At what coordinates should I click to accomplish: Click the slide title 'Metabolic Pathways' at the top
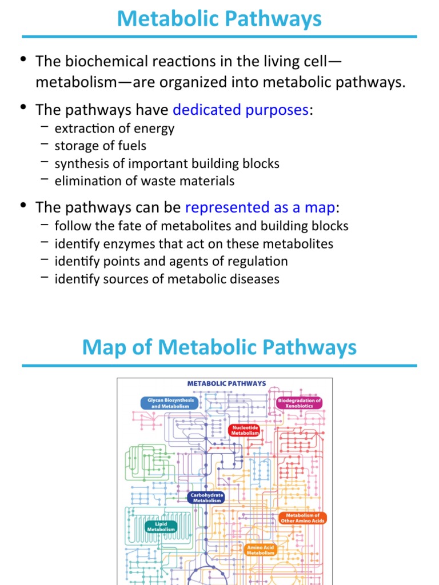tap(219, 19)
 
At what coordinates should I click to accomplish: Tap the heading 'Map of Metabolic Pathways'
tap(219, 347)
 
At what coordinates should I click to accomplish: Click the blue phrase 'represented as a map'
tap(261, 206)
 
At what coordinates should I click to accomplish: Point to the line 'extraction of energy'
tap(114, 129)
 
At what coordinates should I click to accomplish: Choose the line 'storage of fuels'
tap(101, 146)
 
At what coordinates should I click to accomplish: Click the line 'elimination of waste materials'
tap(145, 181)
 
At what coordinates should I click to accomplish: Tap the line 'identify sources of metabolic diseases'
tap(167, 279)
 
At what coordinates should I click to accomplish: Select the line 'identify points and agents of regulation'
tap(171, 262)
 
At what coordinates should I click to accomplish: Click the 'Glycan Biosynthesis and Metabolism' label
tap(170, 403)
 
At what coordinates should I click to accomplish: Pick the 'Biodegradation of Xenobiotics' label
tap(299, 403)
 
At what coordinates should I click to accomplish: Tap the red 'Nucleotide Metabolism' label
tap(245, 430)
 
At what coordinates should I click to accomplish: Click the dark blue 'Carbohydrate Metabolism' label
tap(206, 498)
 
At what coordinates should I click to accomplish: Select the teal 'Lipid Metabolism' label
tap(161, 526)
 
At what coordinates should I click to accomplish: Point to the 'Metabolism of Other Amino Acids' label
tap(302, 518)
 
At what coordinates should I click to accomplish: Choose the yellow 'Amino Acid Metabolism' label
tap(261, 550)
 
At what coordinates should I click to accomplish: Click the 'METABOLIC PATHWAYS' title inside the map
tap(227, 383)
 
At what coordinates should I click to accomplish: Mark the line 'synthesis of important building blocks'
tap(167, 164)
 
